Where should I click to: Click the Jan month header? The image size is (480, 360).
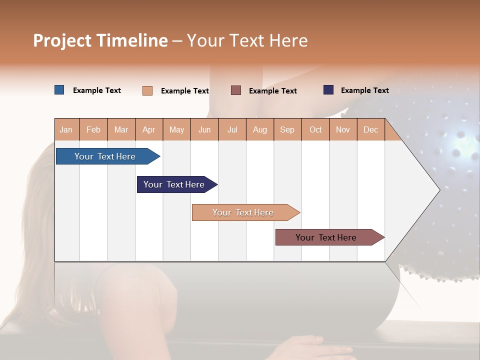(x=66, y=129)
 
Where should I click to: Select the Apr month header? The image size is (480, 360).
(x=148, y=129)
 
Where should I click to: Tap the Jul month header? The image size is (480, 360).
(x=232, y=129)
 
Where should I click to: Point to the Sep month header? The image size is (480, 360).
(x=287, y=129)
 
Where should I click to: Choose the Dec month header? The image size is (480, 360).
(x=370, y=129)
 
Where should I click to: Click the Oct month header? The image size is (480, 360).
(x=315, y=129)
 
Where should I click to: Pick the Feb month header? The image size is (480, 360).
(x=93, y=129)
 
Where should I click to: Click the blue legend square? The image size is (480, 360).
(x=59, y=90)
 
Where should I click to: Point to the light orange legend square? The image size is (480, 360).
(x=147, y=90)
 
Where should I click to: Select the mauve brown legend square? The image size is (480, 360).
(x=236, y=90)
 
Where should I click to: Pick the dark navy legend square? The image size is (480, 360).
(x=328, y=90)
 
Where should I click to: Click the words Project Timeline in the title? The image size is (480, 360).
(x=100, y=40)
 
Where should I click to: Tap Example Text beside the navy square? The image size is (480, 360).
(x=364, y=90)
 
